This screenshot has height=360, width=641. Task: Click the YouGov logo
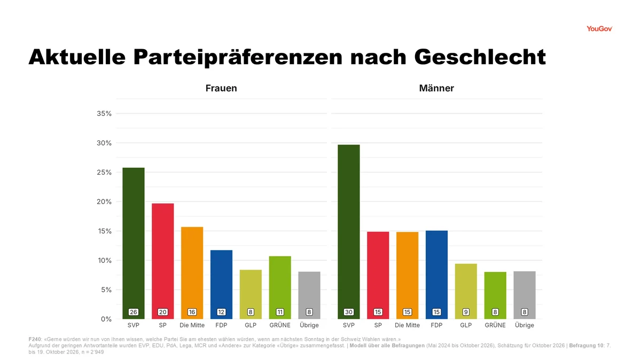coord(599,29)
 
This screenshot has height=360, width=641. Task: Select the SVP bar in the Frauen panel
coord(134,243)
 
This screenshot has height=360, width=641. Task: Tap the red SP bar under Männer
coord(378,275)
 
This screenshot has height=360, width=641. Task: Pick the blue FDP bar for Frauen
coord(221,285)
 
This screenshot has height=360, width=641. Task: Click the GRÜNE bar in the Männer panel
coord(495,295)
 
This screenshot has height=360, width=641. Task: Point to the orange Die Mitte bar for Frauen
coord(192,273)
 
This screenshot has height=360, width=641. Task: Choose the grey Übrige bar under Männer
coord(525,295)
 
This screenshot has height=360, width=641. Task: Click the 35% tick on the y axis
coord(104,114)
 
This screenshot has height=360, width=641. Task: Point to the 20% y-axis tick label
coord(104,202)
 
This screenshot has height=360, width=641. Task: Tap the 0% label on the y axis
coord(106,319)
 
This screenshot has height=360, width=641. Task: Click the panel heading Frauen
coord(221,88)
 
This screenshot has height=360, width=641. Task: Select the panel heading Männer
coord(436,88)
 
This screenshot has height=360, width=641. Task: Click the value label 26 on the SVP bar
coord(134,312)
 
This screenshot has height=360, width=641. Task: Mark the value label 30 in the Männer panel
coord(348,312)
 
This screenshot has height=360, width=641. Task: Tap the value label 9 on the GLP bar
coord(466,312)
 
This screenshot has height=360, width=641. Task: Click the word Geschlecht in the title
coord(480,57)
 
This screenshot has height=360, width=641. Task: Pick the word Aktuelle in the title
coord(77,57)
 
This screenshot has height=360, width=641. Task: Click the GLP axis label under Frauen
coord(251,325)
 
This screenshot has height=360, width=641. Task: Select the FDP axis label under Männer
coord(436,325)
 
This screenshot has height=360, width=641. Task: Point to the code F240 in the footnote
coord(35,339)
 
